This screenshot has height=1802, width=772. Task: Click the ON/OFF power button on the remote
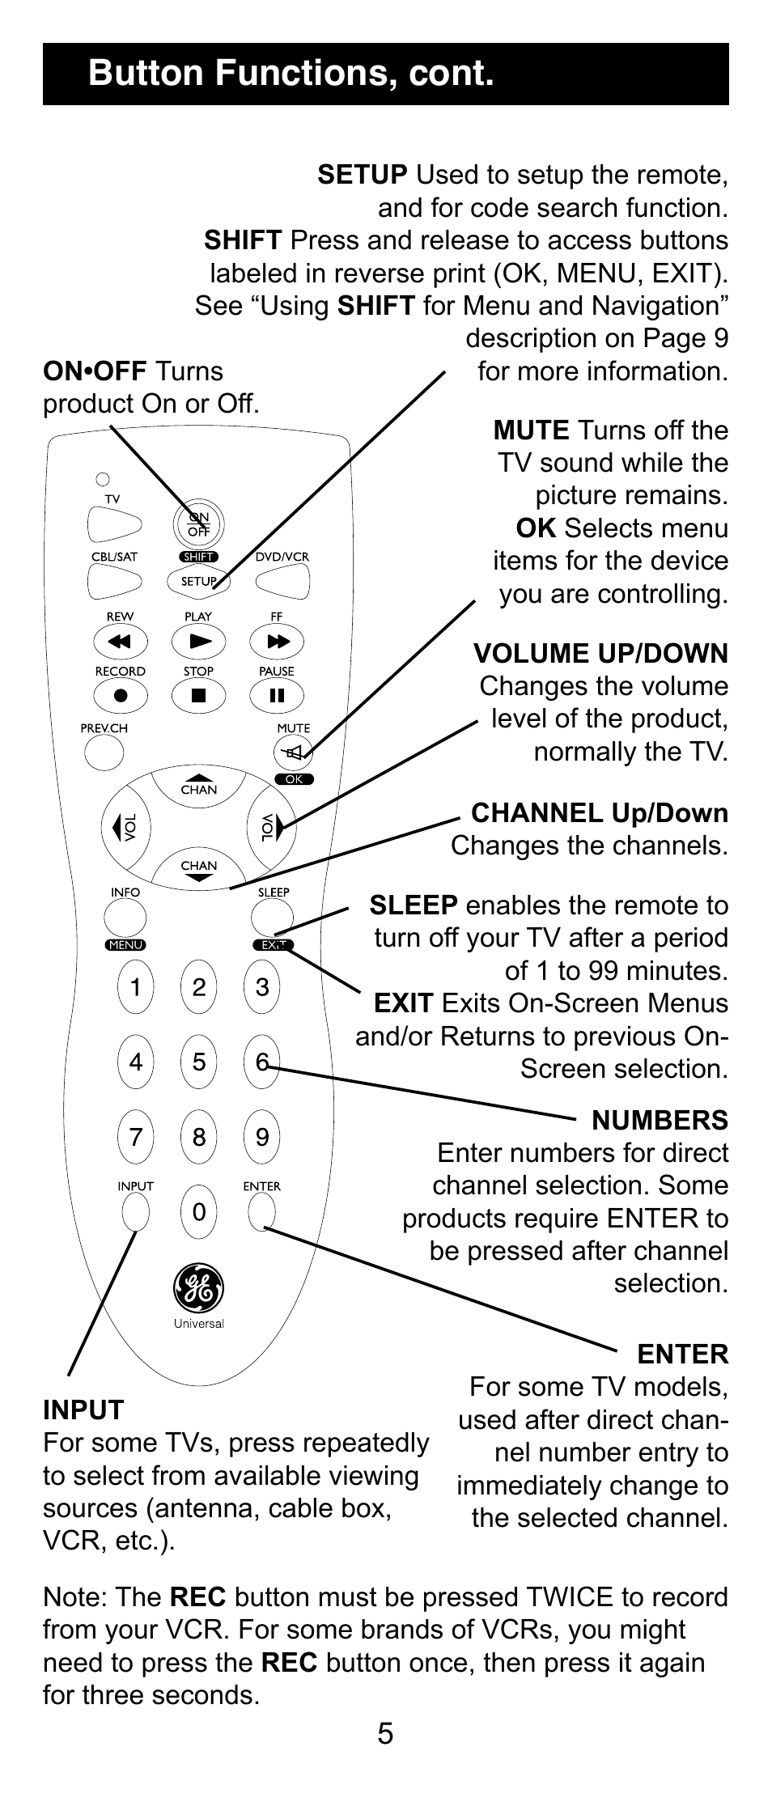198,524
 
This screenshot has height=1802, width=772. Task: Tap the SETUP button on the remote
197,580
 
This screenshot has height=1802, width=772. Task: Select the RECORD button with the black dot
121,695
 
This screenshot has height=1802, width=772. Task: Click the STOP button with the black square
198,695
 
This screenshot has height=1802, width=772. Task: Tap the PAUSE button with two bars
277,695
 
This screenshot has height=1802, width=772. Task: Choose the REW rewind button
121,642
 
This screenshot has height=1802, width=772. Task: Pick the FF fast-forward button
277,642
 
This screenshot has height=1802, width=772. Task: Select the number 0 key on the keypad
199,1211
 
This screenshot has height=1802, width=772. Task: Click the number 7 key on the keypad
135,1137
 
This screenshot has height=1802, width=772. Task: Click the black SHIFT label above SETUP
198,557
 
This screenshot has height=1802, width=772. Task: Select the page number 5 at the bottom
385,1732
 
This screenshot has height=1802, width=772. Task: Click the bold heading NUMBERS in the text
660,1120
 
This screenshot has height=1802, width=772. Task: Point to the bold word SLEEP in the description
414,905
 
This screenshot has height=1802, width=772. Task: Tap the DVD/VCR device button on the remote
282,580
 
